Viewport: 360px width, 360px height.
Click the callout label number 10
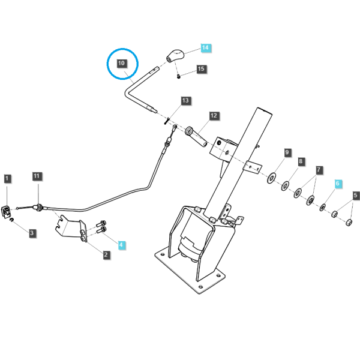(x=121, y=63)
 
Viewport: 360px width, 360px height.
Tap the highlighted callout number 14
(x=205, y=47)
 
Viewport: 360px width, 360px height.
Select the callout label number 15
(x=201, y=68)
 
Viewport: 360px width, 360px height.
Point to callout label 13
(x=185, y=100)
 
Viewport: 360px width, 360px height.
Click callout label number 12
(x=214, y=115)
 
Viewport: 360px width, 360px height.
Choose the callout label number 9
(x=287, y=152)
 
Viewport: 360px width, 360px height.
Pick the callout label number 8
(x=301, y=161)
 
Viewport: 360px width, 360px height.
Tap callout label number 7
(x=319, y=170)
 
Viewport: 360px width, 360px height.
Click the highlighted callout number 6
(x=337, y=183)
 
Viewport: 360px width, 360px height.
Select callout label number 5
(x=356, y=196)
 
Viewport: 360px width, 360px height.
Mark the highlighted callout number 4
(x=121, y=245)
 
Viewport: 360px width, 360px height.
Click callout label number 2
(x=106, y=254)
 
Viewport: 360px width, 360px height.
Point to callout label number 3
(x=32, y=233)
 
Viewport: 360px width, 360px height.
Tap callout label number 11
(x=37, y=176)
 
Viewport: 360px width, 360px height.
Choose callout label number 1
(x=7, y=179)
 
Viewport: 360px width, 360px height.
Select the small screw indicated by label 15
(x=179, y=76)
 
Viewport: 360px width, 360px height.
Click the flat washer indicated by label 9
(x=272, y=178)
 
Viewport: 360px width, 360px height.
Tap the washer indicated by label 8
(x=286, y=186)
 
